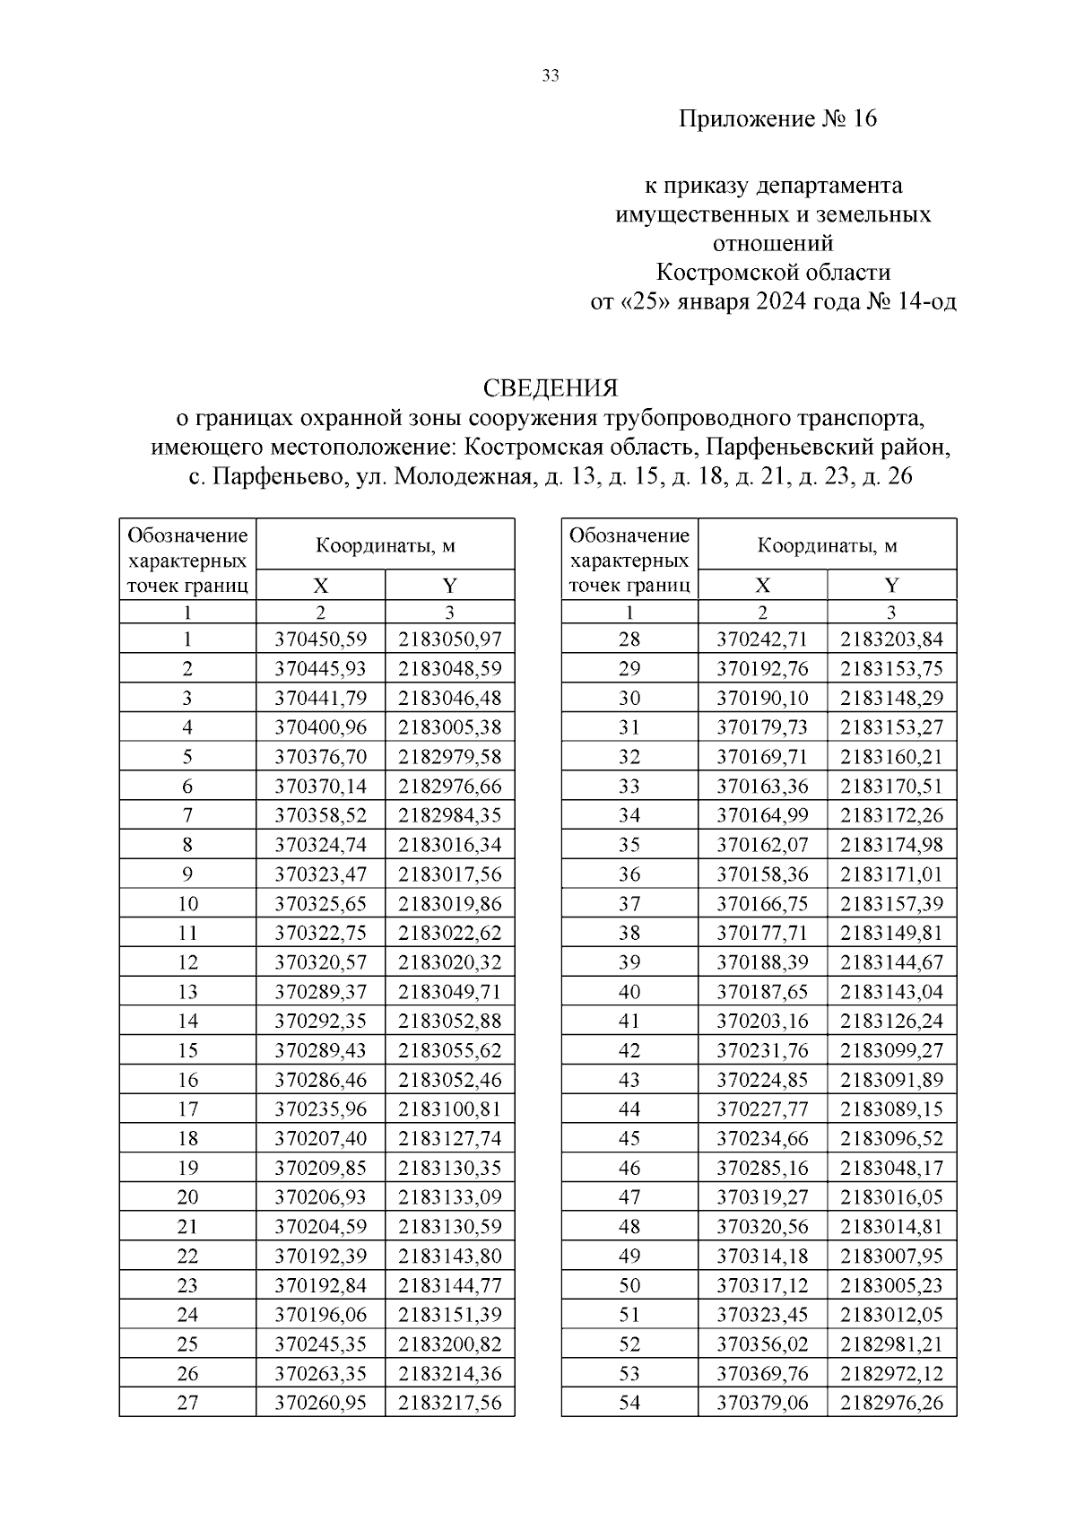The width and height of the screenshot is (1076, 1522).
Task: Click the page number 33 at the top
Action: [551, 76]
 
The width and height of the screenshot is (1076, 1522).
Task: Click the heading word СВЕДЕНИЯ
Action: [551, 387]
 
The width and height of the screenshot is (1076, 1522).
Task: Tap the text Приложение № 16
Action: [777, 118]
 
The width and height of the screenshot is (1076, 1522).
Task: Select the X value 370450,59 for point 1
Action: [320, 639]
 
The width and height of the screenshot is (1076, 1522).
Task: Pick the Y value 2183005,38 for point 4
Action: [449, 727]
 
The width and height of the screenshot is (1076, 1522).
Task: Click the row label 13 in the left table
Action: [187, 992]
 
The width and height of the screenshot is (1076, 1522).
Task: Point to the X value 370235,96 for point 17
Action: [320, 1109]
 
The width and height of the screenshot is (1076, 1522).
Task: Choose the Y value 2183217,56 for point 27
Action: [449, 1403]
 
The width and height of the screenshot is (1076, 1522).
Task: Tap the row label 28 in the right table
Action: [629, 639]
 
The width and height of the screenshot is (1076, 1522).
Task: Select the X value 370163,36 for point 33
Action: [762, 787]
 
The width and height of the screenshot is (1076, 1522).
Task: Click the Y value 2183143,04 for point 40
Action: [891, 992]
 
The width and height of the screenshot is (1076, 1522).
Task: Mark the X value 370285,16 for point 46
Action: [762, 1168]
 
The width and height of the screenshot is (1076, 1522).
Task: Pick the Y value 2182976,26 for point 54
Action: [891, 1403]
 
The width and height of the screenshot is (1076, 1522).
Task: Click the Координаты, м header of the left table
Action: [385, 545]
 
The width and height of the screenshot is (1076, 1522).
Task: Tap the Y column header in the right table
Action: [891, 586]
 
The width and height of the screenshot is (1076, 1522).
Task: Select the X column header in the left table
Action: [320, 586]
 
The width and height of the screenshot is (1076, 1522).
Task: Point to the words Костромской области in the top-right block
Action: [773, 273]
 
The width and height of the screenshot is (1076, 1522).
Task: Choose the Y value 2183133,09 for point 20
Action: [449, 1197]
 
